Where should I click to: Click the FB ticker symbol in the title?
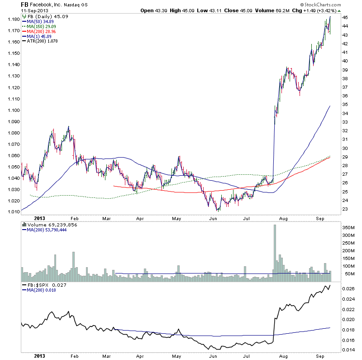point(25,4)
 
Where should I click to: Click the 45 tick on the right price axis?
point(345,17)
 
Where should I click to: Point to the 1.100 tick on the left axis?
point(13,110)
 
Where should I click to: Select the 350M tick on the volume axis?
point(347,226)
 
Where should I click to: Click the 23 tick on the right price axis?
point(345,209)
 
